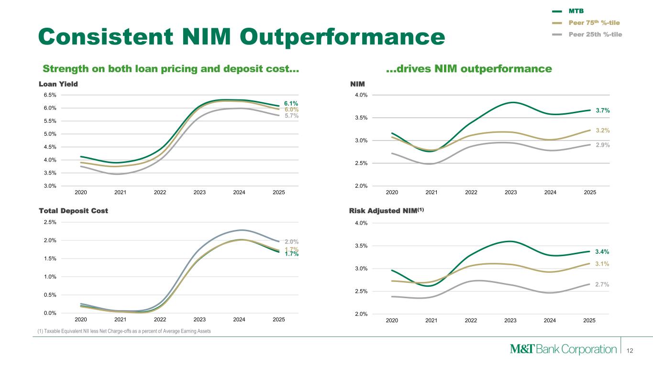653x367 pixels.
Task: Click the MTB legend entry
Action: [568, 11]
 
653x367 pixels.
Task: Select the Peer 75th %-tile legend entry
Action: [586, 23]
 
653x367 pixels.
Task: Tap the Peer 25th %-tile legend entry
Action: [587, 34]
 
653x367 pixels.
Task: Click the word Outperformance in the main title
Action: [342, 37]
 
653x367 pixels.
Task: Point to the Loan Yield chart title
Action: [58, 84]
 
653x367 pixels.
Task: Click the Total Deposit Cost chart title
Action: [74, 211]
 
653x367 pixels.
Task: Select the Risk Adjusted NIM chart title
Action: [387, 210]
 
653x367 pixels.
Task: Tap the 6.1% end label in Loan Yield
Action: [291, 103]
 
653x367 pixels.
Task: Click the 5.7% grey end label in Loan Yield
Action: [291, 116]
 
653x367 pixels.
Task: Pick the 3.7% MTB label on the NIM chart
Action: [603, 110]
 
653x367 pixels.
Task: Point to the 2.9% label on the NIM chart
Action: [603, 145]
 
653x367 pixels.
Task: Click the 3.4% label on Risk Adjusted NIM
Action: [602, 252]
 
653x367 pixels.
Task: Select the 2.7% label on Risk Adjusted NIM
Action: [602, 284]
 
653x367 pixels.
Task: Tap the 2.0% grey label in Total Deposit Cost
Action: [291, 241]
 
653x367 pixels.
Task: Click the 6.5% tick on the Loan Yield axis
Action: [50, 95]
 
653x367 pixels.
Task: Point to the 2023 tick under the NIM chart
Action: [511, 192]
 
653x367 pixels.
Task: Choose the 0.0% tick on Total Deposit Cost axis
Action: [50, 313]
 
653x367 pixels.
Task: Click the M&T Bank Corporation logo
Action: [563, 349]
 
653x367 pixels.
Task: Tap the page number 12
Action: [630, 351]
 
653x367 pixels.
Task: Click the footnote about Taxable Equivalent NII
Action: [124, 331]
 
